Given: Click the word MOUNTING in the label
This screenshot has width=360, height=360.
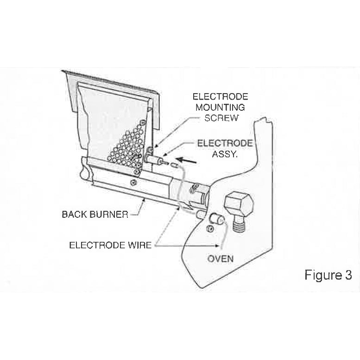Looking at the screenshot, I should [x=221, y=107].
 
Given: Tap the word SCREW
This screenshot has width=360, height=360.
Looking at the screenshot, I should [x=221, y=118].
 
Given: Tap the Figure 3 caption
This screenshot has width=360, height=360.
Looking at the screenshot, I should [x=328, y=275].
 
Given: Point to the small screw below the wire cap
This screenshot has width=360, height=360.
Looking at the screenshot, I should [x=211, y=228].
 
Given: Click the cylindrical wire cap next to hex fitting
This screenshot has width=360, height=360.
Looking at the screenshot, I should [x=216, y=218].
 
